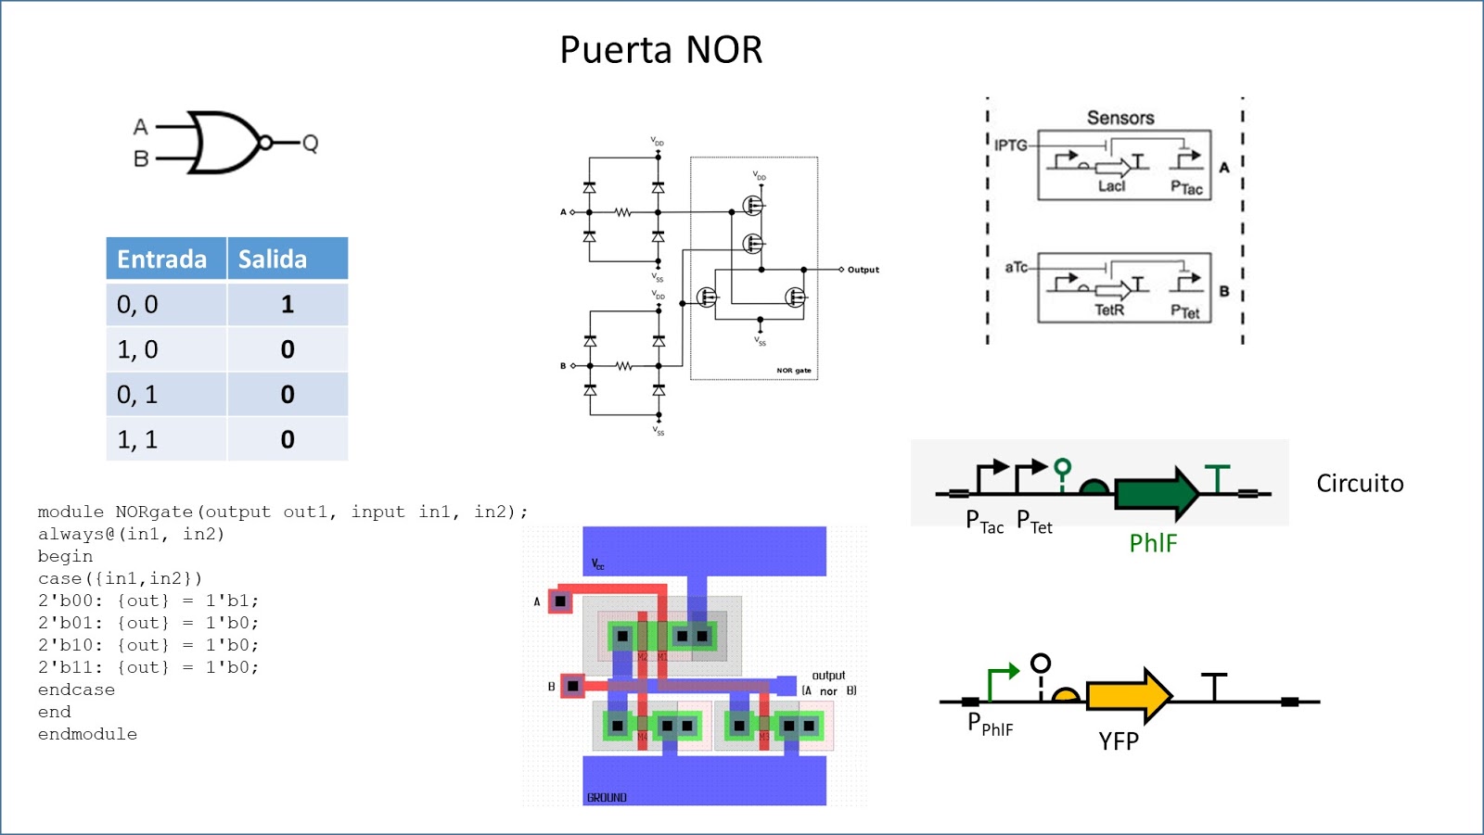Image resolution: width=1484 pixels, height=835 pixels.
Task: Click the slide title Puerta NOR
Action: coord(660,50)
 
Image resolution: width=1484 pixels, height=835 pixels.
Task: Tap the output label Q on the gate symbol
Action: coord(311,143)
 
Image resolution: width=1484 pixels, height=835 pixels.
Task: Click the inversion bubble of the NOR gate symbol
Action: coord(265,143)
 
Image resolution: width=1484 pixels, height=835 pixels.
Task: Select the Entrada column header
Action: coord(162,259)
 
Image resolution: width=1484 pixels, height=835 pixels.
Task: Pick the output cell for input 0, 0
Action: coord(288,305)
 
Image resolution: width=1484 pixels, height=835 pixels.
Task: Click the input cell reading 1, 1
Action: coord(138,439)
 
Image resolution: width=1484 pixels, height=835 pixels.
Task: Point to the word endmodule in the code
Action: coord(87,734)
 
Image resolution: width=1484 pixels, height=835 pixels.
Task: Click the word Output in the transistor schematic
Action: coord(863,270)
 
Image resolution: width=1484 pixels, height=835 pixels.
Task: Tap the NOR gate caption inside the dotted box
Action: coord(793,371)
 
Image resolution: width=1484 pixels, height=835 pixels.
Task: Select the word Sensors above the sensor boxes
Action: coord(1120,118)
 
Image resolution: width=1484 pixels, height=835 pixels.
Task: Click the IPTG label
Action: coord(1010,145)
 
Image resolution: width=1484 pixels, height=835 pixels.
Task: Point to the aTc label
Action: coord(1016,267)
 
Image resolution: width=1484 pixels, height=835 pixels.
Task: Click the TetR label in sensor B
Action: coord(1109,310)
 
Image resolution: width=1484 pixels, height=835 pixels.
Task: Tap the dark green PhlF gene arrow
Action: coord(1156,493)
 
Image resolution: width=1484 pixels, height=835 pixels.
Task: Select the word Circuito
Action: coord(1360,484)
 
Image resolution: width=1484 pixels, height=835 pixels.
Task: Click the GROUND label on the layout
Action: coord(607,797)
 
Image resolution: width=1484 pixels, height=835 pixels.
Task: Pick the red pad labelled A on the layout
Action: coord(560,601)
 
